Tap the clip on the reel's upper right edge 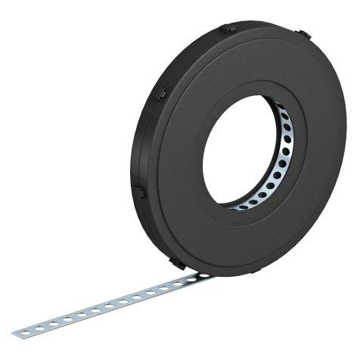pyautogui.click(x=302, y=36)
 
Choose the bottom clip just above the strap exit pyautogui.click(x=175, y=262)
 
